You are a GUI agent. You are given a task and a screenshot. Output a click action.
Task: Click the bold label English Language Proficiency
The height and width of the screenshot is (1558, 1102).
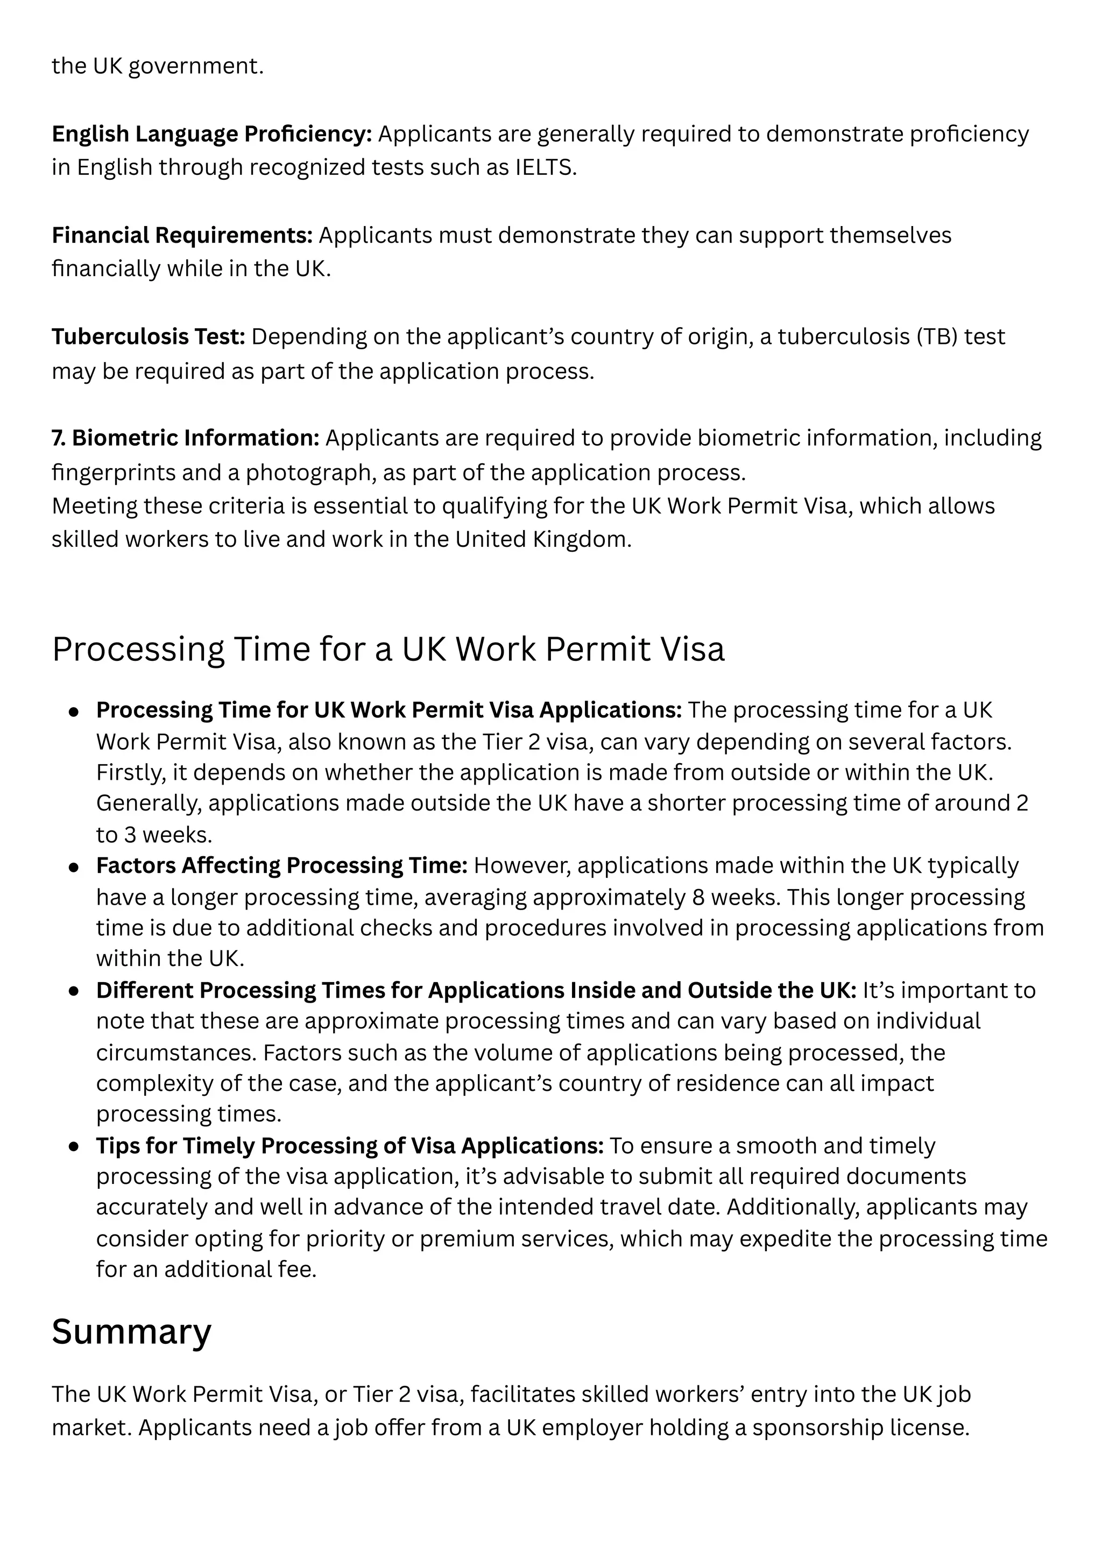click(x=211, y=135)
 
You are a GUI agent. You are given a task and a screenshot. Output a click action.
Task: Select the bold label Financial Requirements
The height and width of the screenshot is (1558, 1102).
click(x=182, y=236)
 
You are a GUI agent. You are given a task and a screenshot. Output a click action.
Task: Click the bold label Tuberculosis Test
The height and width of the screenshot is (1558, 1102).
click(x=148, y=336)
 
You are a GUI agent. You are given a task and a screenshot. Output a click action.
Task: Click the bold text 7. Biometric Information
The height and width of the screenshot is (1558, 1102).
click(x=185, y=439)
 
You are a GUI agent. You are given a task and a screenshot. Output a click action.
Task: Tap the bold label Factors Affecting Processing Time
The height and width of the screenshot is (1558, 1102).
click(x=281, y=866)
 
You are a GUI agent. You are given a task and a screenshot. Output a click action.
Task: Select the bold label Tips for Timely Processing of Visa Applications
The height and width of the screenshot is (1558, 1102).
click(x=349, y=1146)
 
